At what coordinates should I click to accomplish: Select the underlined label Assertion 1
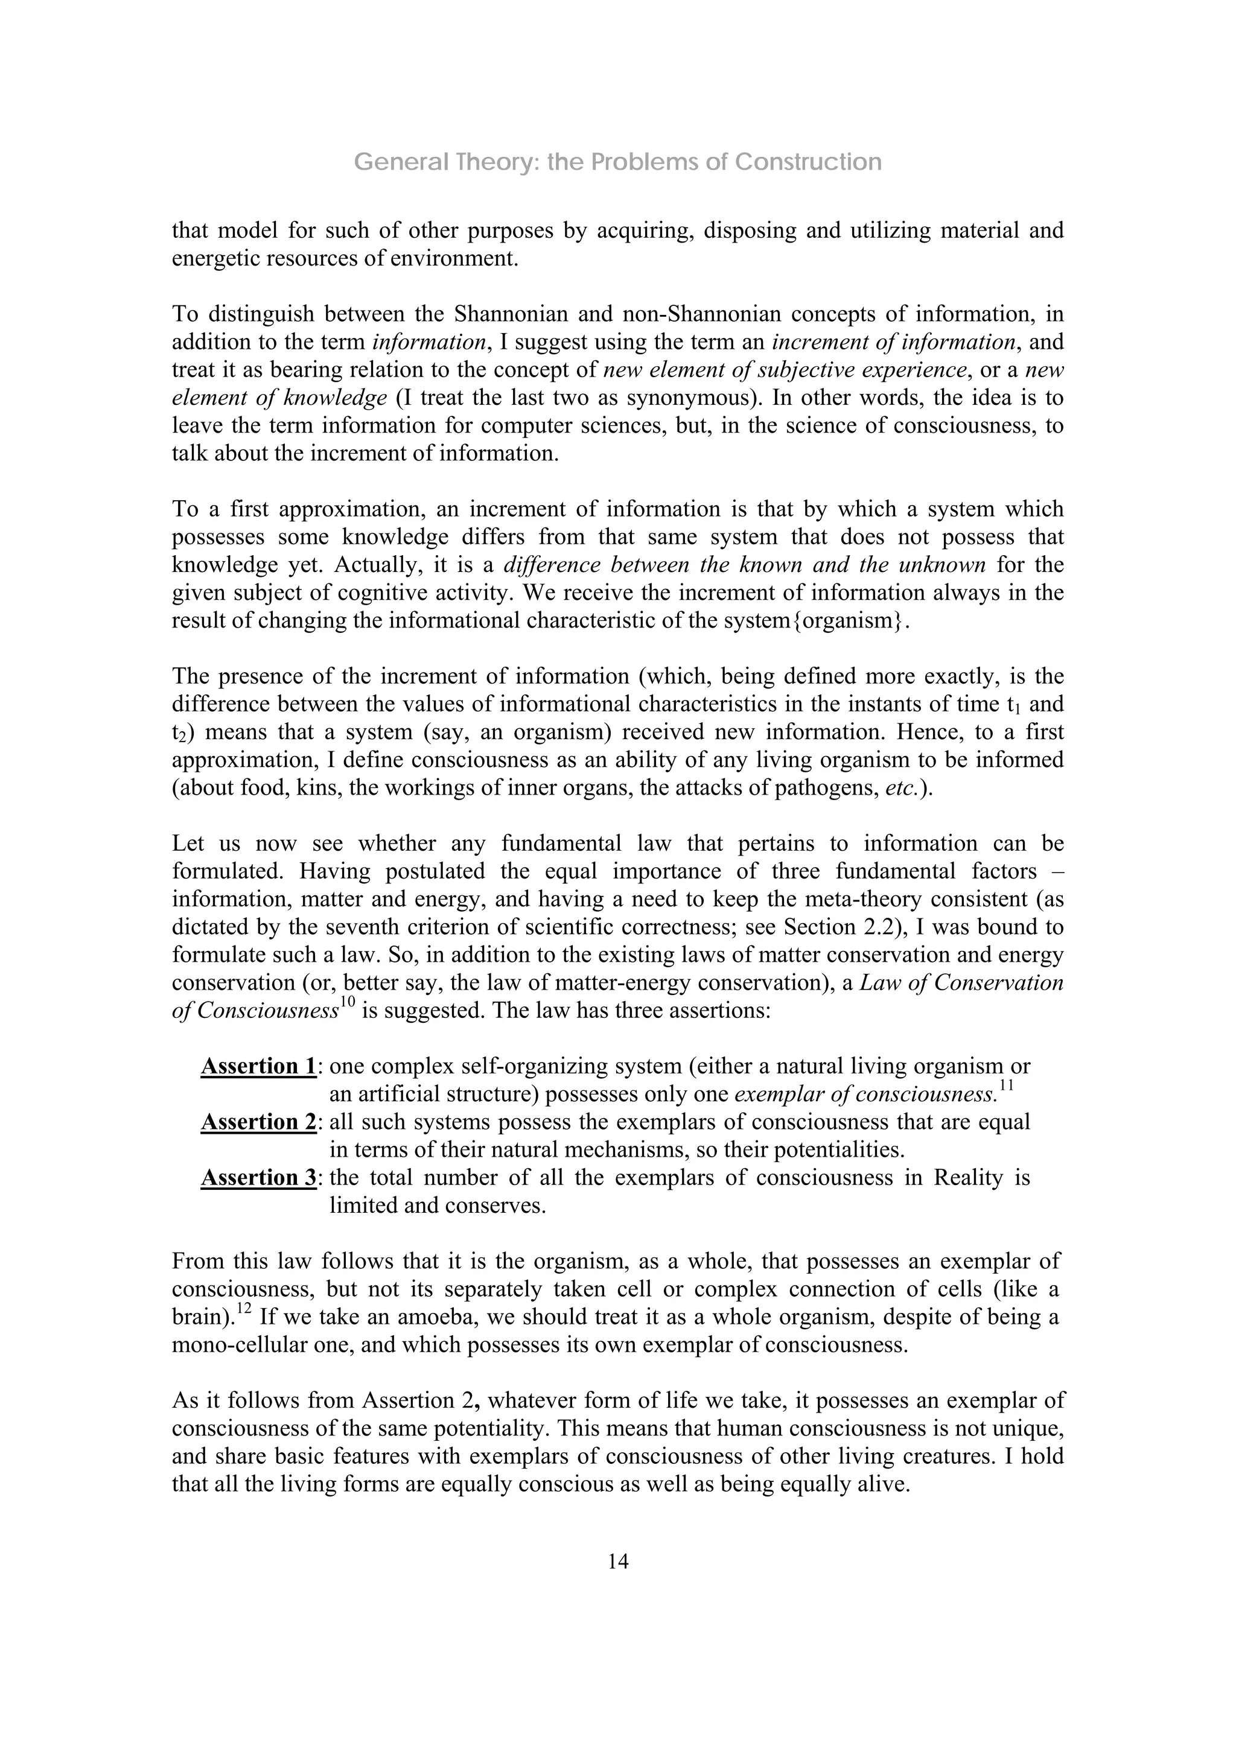tap(258, 1066)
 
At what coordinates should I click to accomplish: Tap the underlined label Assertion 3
tap(258, 1178)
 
